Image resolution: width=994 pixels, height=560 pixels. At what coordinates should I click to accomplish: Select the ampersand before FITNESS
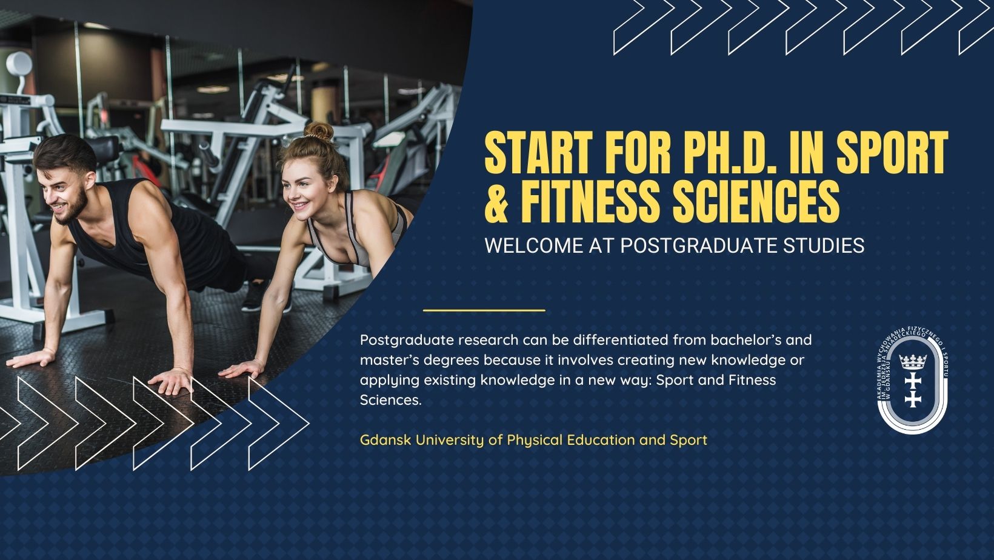tap(496, 201)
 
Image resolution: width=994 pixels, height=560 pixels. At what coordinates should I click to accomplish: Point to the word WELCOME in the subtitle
tap(534, 245)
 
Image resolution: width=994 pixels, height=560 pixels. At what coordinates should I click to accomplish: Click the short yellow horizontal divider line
tap(484, 310)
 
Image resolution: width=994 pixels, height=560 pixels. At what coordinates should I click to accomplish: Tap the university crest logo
tap(913, 380)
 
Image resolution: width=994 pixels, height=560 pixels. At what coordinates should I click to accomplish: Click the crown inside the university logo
tap(913, 362)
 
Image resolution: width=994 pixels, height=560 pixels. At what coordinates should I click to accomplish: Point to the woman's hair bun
tap(319, 131)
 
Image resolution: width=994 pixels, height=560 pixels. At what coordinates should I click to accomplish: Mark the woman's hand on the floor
tap(242, 368)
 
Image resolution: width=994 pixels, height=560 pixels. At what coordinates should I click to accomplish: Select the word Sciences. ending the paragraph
tap(390, 400)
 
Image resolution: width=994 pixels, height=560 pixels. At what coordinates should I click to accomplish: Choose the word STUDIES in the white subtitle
tap(824, 245)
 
